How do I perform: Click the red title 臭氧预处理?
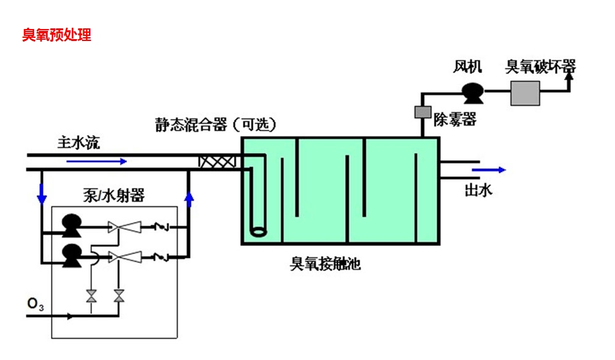click(x=57, y=35)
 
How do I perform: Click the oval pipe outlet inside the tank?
click(x=258, y=231)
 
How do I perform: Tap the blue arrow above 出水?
click(x=489, y=170)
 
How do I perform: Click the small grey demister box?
click(x=421, y=112)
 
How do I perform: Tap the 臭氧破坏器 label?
click(x=541, y=66)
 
